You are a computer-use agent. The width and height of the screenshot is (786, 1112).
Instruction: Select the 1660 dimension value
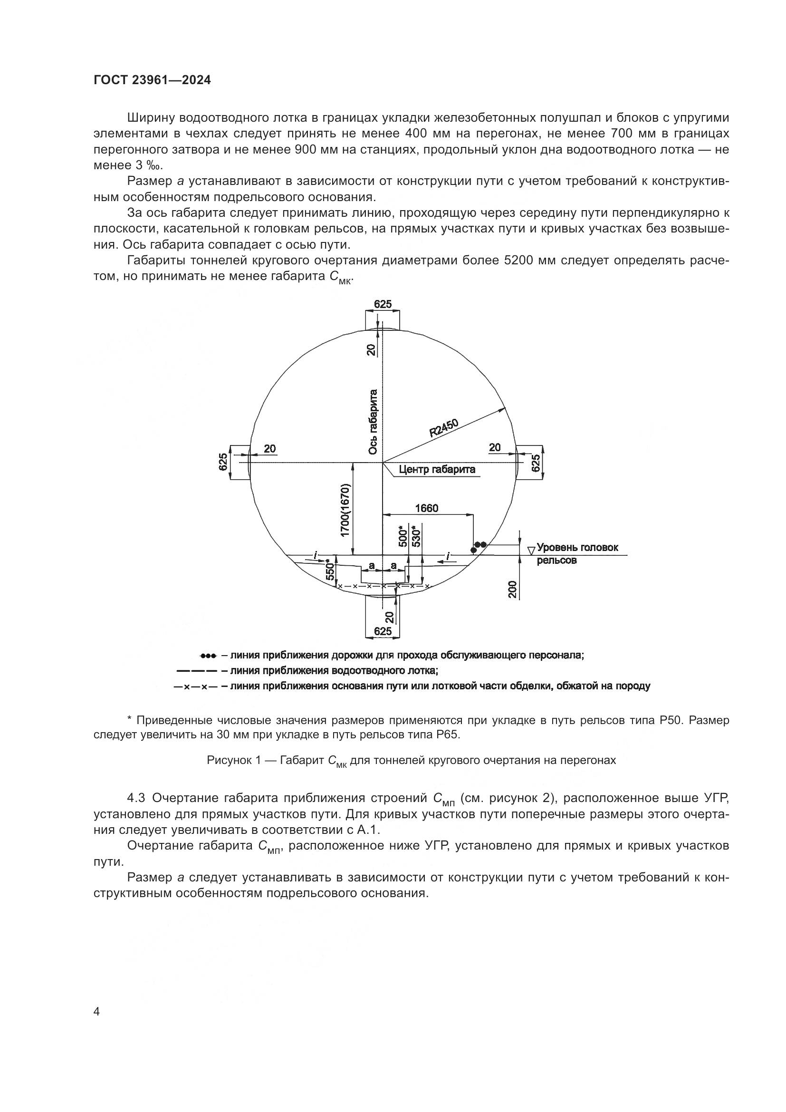(426, 508)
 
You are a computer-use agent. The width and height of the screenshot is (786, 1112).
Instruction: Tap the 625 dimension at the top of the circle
(383, 304)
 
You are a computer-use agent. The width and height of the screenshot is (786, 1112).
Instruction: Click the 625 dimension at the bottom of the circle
(383, 631)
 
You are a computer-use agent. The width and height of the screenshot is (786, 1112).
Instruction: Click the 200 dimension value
(513, 589)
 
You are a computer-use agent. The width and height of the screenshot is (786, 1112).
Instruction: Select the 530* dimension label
(416, 536)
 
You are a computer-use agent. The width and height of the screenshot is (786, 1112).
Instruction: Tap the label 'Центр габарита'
(437, 469)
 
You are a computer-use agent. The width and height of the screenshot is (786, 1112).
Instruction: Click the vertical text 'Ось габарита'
(373, 422)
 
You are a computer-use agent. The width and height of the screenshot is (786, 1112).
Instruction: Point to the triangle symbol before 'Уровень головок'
(531, 550)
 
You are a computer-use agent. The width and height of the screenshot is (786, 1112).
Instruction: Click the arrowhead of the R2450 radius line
(501, 408)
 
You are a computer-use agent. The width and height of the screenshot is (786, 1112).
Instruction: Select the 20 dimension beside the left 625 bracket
(269, 448)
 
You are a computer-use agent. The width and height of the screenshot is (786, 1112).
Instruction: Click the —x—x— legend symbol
(195, 687)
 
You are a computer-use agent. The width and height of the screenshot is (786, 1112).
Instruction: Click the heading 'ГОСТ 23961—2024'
(152, 80)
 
